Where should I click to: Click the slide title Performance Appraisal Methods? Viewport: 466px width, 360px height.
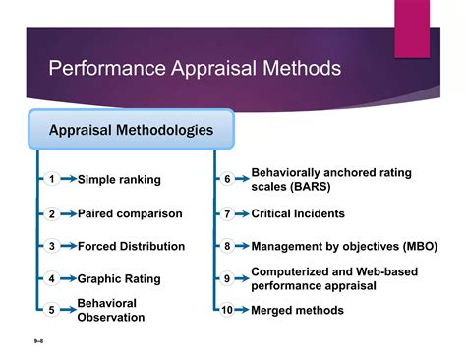[x=195, y=70]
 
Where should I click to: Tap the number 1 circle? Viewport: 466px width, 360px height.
[x=51, y=179]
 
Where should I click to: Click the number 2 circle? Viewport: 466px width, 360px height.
[x=51, y=213]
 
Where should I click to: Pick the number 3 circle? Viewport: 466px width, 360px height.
[x=51, y=246]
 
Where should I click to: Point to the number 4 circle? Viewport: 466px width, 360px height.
[x=51, y=278]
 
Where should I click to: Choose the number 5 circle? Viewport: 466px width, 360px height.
[x=51, y=310]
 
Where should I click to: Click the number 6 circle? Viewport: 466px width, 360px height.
[x=227, y=179]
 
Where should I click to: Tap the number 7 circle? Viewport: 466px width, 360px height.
[x=227, y=213]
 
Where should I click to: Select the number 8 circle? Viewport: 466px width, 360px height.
[x=227, y=246]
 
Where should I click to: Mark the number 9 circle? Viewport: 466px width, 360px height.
[x=227, y=278]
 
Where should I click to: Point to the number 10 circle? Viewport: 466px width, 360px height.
[x=227, y=310]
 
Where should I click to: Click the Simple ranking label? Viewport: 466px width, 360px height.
[x=119, y=180]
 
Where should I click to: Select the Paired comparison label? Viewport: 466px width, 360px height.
[x=130, y=213]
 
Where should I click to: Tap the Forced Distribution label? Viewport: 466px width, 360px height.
[x=131, y=246]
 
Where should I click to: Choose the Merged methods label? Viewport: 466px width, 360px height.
[x=297, y=310]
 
